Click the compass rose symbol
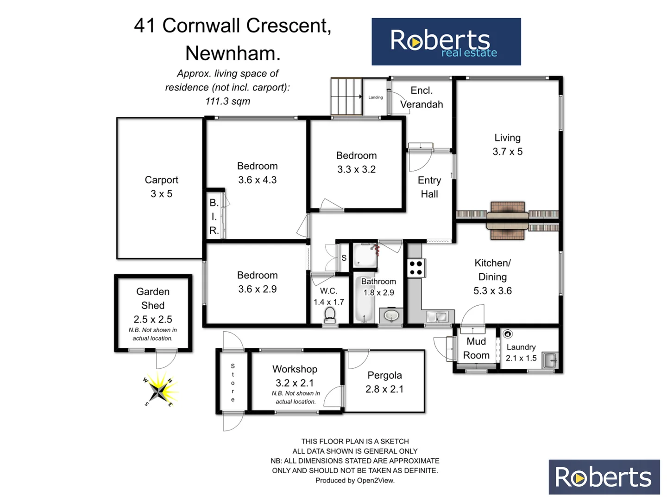coord(159,391)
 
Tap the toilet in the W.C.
coord(330,315)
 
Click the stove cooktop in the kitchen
coord(415,268)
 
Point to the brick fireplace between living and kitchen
coord(508,220)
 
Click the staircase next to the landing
coord(346,96)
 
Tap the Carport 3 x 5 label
coord(161,186)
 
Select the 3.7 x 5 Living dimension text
coord(507,152)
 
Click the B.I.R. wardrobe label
coord(214,216)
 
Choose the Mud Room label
coord(476,348)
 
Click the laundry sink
coord(550,360)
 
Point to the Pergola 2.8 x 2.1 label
coord(384,382)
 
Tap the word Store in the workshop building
coord(233,383)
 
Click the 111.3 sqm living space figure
coord(227,101)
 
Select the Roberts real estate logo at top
coord(446,42)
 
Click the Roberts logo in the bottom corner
coord(604,477)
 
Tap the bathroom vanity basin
coord(392,316)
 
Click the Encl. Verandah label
coord(421,97)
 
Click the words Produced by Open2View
coord(355,481)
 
